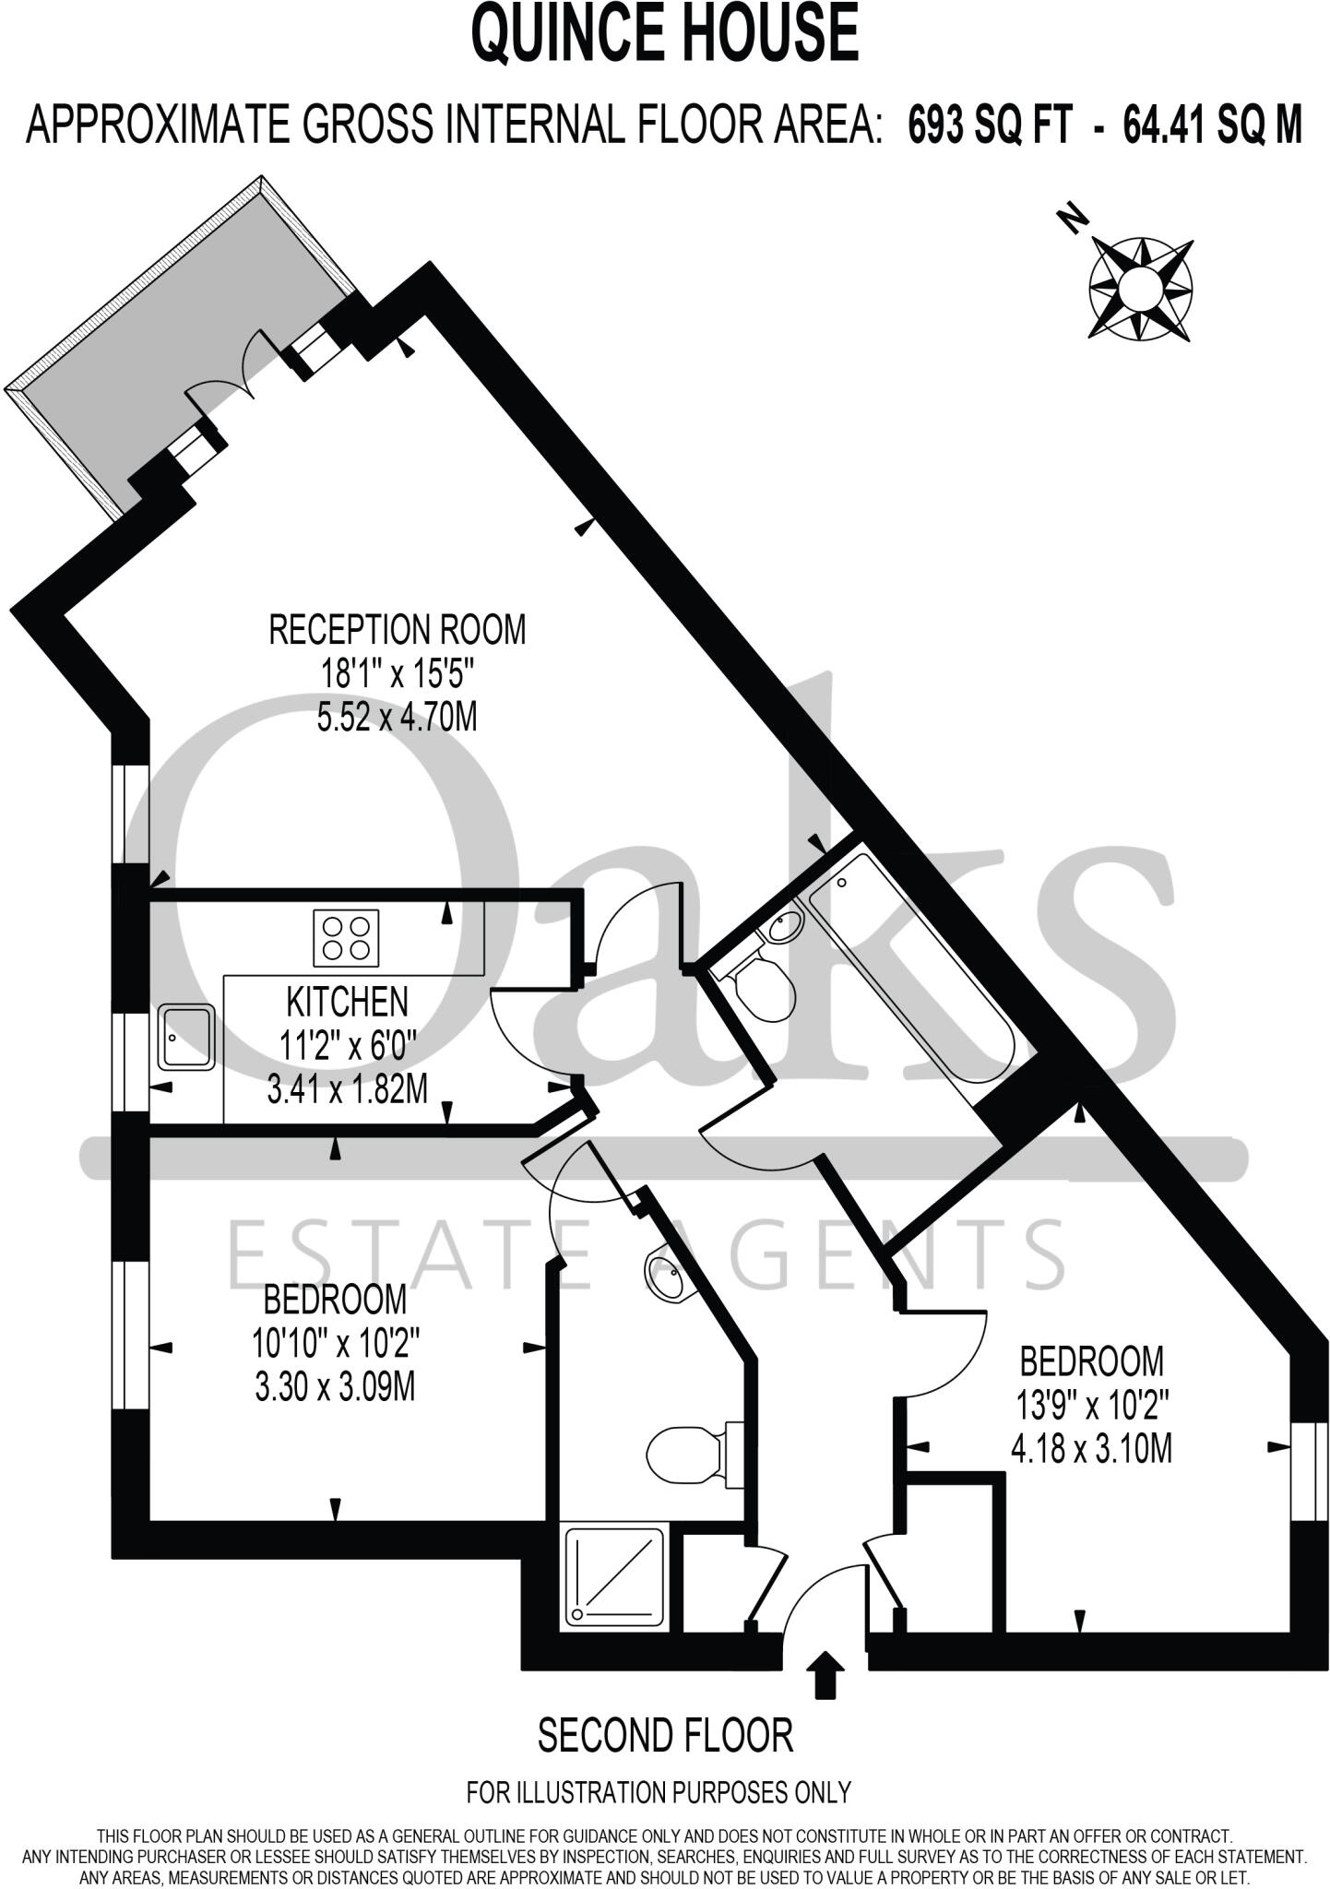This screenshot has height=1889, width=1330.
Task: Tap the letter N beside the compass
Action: coord(1071,220)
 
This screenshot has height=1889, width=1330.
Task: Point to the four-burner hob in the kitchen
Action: coord(346,937)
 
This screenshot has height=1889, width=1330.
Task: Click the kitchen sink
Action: coord(187,1038)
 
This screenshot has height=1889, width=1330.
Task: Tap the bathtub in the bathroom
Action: coord(909,971)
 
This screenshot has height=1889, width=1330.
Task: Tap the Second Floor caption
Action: coord(665,1735)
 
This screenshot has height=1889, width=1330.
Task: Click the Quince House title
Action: coord(665,32)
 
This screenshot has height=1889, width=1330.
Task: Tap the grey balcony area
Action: coord(175,350)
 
